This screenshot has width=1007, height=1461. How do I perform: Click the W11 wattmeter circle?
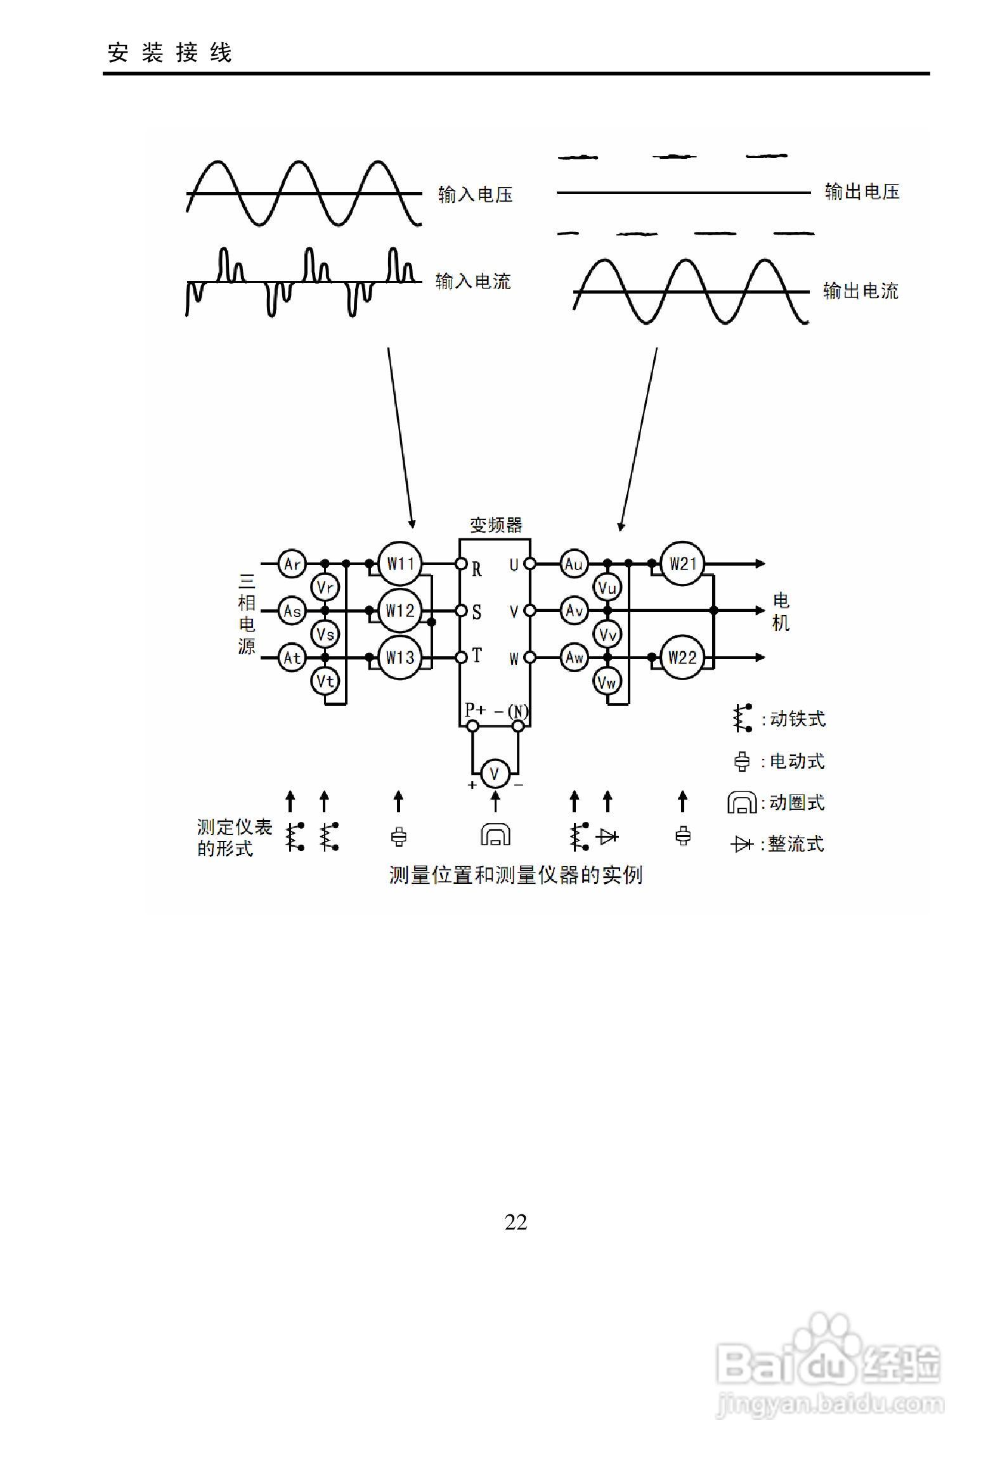pos(400,564)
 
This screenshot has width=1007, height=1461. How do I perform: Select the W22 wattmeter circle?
pos(682,658)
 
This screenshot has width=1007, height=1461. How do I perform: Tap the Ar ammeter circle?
pos(292,564)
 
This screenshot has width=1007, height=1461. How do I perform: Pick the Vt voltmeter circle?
pos(325,682)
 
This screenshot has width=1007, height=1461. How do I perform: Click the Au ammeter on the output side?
pos(574,564)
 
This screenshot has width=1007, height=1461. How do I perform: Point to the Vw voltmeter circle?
pos(607,682)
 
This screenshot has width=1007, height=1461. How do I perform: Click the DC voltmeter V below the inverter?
pos(495,774)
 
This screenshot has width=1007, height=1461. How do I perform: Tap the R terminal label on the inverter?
pos(477,569)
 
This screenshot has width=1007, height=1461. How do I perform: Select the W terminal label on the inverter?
pos(514,659)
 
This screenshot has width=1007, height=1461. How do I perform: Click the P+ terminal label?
pos(474,710)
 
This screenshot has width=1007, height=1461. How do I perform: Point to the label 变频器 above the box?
pos(496,525)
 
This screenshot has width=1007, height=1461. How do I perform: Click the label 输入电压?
pos(475,195)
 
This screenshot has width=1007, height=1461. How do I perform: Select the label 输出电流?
pos(861,291)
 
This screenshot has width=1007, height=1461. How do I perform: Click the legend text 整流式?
pos(796,844)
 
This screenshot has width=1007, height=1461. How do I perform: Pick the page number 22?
pos(516,1222)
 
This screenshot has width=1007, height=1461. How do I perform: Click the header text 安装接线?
pos(170,53)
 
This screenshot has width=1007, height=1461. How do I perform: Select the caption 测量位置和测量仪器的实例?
pos(516,875)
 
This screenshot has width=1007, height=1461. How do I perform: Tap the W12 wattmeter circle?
pos(400,611)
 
